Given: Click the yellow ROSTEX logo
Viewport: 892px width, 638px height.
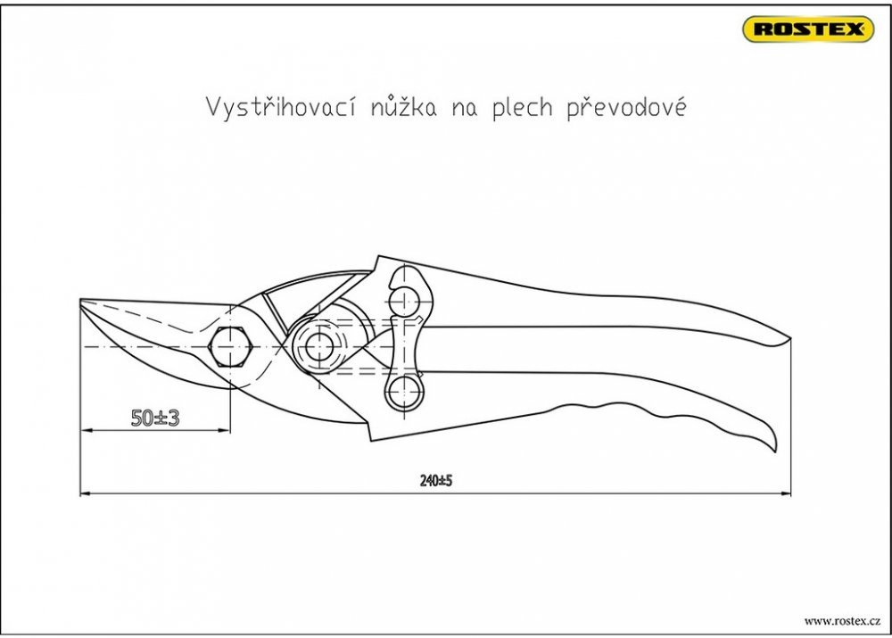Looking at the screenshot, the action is coord(808,29).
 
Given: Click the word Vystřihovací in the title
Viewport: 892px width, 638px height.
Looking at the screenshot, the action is coord(281,106).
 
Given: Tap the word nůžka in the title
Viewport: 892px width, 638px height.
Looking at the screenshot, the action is coord(404,106).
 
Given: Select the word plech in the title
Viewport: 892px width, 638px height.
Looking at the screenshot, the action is coord(522,108).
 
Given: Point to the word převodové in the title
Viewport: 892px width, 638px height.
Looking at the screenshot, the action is coord(626,108).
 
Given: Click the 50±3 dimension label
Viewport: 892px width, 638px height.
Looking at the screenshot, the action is coord(154,418).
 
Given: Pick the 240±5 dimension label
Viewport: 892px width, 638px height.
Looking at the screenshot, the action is coord(436,481).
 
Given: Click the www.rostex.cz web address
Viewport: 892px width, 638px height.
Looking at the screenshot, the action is coord(842,621).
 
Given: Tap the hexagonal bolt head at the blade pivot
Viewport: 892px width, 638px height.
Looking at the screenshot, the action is coord(230,346).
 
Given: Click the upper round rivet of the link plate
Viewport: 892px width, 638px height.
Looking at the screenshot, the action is coord(404,299).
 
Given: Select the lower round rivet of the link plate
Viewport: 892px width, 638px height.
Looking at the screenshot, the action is coord(403,390).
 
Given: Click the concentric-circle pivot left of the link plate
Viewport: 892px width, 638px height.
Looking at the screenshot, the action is coord(319,345).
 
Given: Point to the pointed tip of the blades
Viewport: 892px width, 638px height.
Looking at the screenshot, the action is coord(81,300).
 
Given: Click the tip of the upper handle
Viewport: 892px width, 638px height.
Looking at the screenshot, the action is coord(789,340).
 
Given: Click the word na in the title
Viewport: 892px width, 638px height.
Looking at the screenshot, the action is coord(464,110).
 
